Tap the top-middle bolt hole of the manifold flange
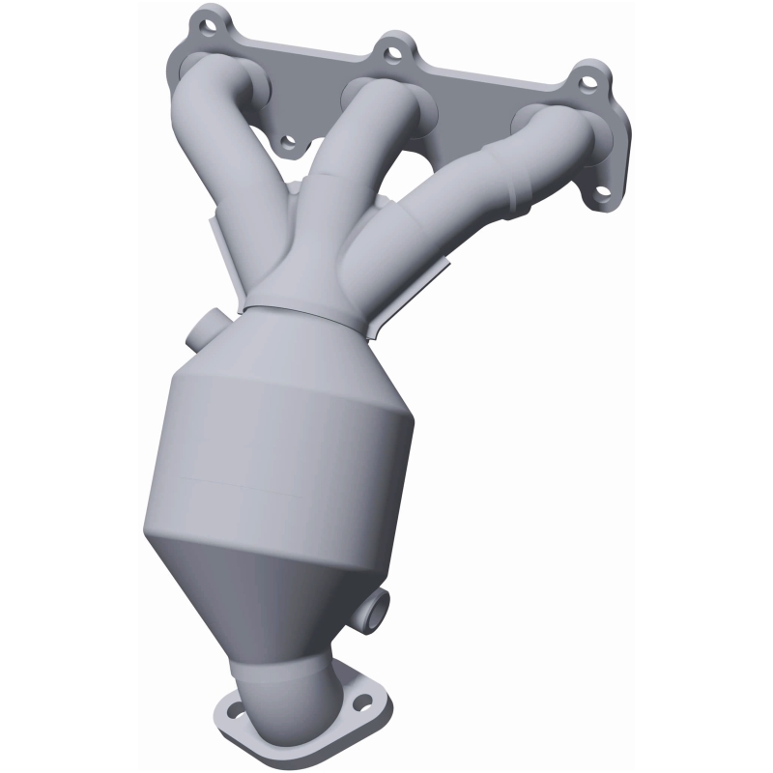point(393,45)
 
